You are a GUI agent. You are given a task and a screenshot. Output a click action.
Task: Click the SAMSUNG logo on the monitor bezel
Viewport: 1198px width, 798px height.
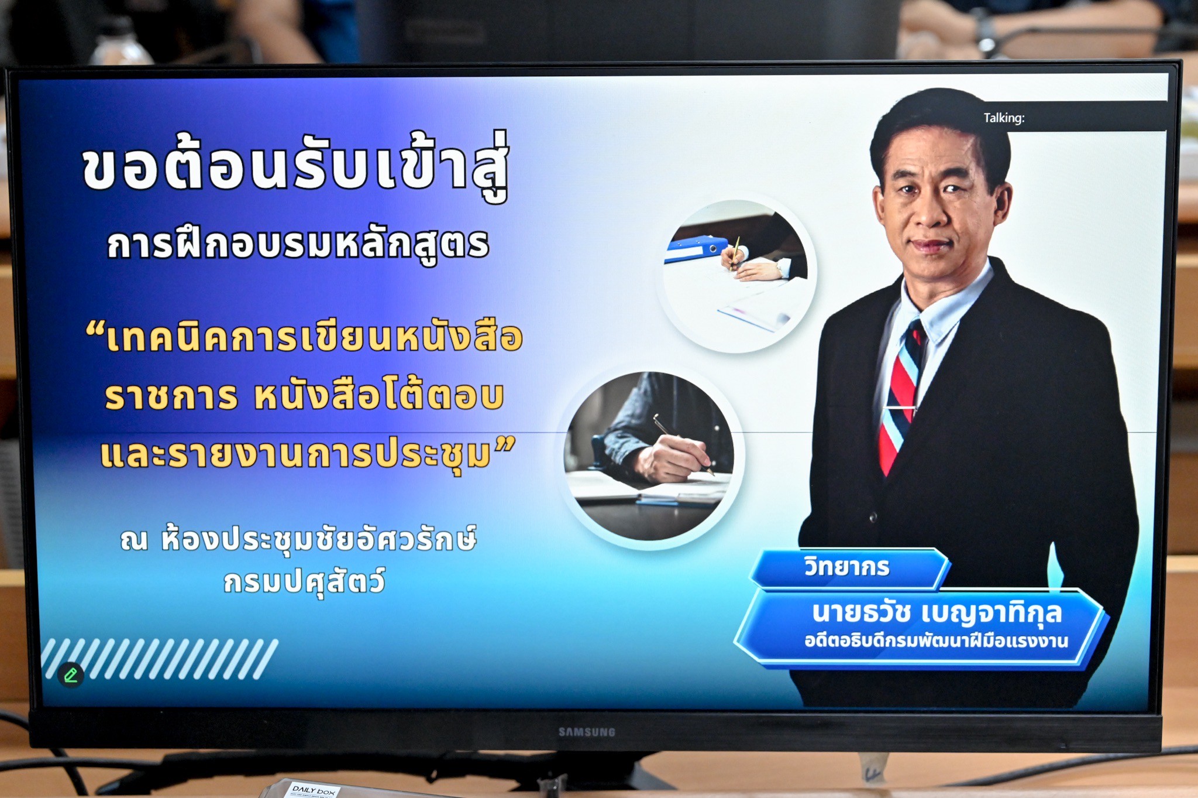tap(587, 732)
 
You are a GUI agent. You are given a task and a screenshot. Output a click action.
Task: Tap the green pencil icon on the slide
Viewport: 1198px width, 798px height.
tap(71, 675)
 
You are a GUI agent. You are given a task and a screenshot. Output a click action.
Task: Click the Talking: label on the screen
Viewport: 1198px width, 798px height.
tap(1004, 118)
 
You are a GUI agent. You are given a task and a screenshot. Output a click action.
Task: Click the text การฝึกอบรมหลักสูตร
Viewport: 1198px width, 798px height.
tap(298, 245)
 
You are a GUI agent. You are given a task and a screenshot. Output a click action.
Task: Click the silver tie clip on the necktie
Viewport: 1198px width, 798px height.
tap(899, 408)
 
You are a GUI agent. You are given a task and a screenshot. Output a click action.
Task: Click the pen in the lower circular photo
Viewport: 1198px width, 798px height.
tap(683, 444)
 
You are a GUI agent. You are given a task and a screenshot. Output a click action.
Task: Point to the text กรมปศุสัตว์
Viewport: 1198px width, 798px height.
tap(305, 582)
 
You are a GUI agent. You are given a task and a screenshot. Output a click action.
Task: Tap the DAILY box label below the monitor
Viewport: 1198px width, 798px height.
tap(314, 790)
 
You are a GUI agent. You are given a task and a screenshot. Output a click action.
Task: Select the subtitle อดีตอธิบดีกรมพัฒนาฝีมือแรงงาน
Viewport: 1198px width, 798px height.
tap(936, 641)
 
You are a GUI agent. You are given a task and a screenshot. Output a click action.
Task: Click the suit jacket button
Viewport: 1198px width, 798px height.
tap(873, 517)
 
